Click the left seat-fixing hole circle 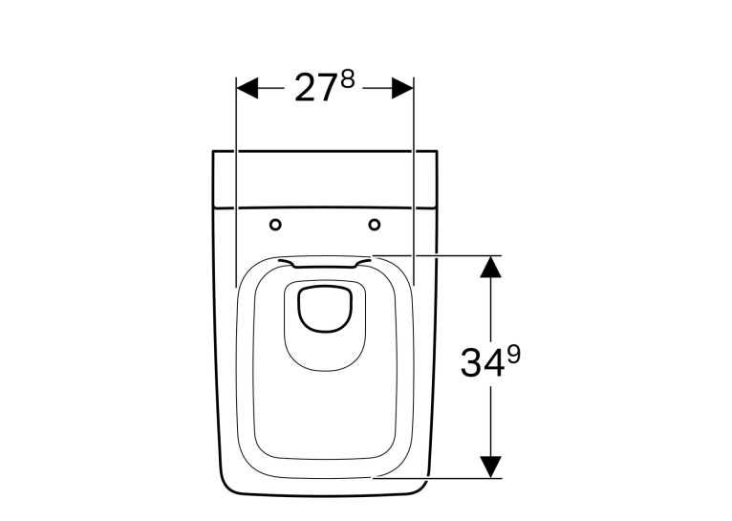pyautogui.click(x=275, y=225)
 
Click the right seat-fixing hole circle pyautogui.click(x=375, y=225)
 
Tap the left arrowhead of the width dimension pyautogui.click(x=248, y=88)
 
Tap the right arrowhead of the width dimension pyautogui.click(x=403, y=88)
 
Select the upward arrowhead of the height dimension pyautogui.click(x=490, y=267)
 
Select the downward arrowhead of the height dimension pyautogui.click(x=490, y=467)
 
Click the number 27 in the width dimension pyautogui.click(x=315, y=88)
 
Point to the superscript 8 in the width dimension pyautogui.click(x=348, y=79)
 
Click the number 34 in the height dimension pyautogui.click(x=483, y=363)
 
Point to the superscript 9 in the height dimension pyautogui.click(x=514, y=355)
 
